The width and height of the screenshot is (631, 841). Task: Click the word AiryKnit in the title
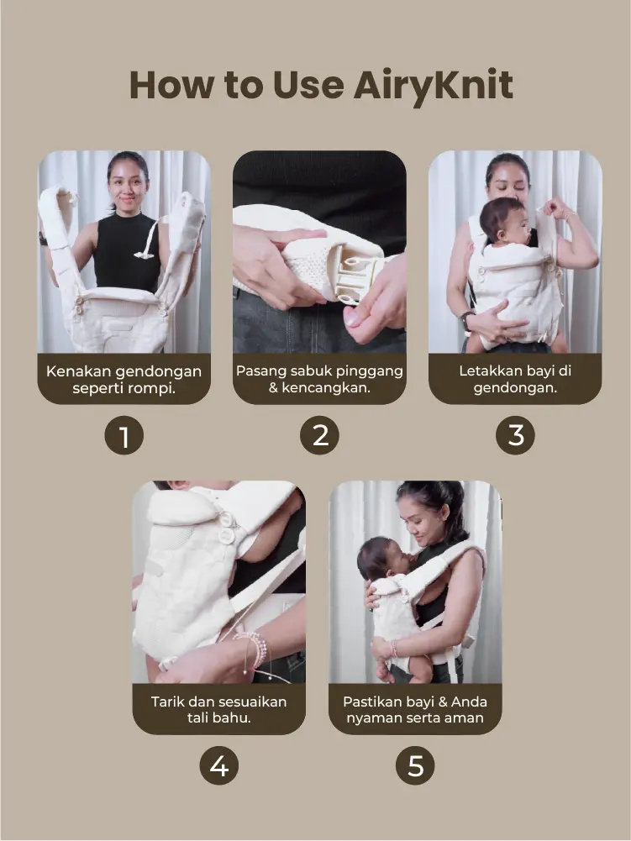[433, 87]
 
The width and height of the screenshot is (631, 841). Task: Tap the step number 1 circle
[124, 435]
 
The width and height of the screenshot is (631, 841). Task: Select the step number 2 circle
[319, 435]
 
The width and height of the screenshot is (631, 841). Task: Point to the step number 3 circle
[515, 435]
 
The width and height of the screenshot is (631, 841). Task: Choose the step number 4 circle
[219, 765]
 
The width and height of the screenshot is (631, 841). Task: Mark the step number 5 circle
[415, 765]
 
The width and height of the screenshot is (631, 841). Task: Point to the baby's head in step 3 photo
[502, 219]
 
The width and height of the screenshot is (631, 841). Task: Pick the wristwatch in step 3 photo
[466, 319]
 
